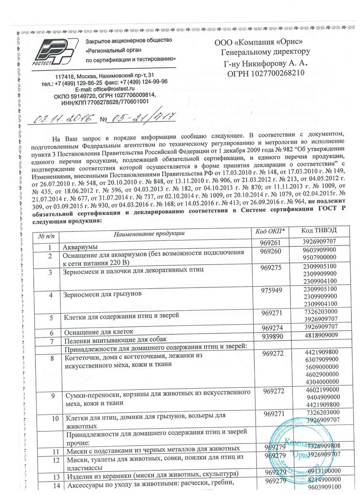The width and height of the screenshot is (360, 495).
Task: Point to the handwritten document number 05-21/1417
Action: pyautogui.click(x=141, y=117)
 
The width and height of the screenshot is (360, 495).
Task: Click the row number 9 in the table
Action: pyautogui.click(x=53, y=396)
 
